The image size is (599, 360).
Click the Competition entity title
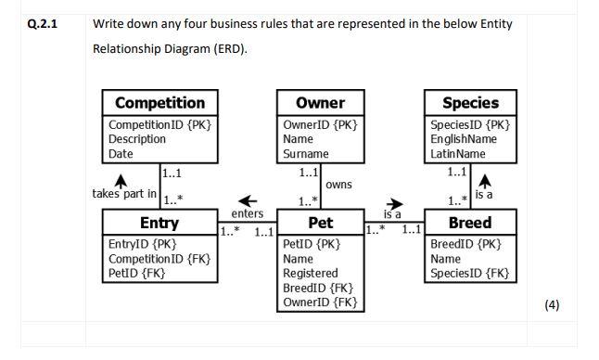click(x=159, y=103)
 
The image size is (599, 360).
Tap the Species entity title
click(x=470, y=103)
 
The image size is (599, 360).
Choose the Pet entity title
click(x=320, y=224)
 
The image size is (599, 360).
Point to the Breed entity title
click(x=470, y=224)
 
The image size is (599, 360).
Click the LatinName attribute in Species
click(x=459, y=153)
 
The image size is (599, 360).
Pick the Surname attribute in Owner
click(x=303, y=153)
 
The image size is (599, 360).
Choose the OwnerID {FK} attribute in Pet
click(x=320, y=302)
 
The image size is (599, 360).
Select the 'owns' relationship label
click(x=339, y=186)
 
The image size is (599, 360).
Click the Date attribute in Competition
click(x=121, y=153)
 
